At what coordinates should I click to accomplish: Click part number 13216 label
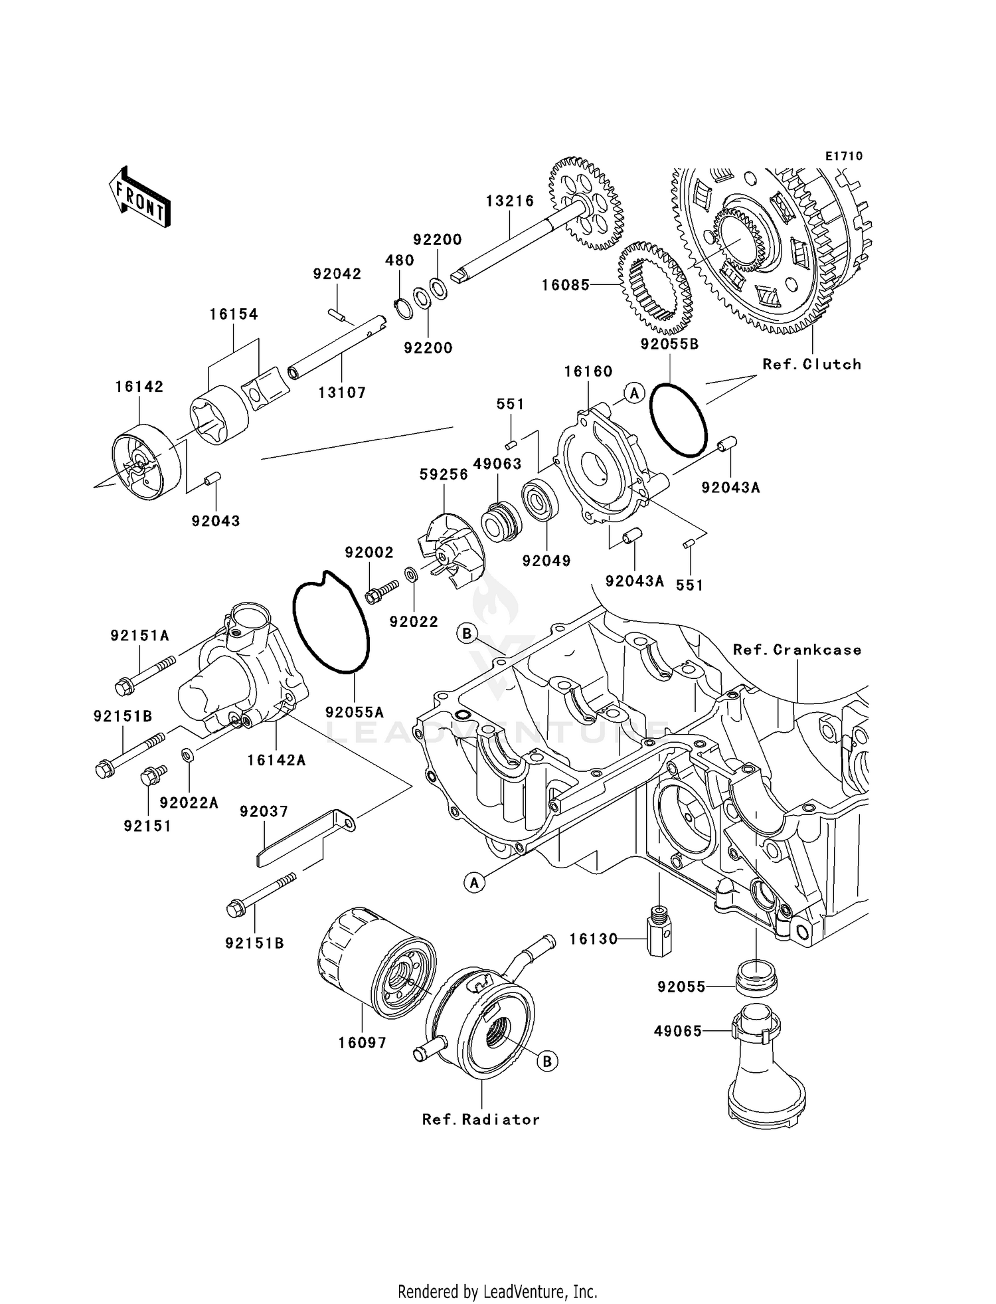[509, 201]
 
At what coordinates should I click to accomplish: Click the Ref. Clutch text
[811, 365]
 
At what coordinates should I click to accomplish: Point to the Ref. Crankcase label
[797, 650]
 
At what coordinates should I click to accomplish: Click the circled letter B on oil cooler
[547, 1062]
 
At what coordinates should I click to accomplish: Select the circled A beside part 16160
[634, 393]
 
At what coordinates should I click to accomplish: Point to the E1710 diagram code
[844, 156]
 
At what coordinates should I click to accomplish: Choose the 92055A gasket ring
[330, 622]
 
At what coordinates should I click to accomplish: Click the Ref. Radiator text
[481, 1119]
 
